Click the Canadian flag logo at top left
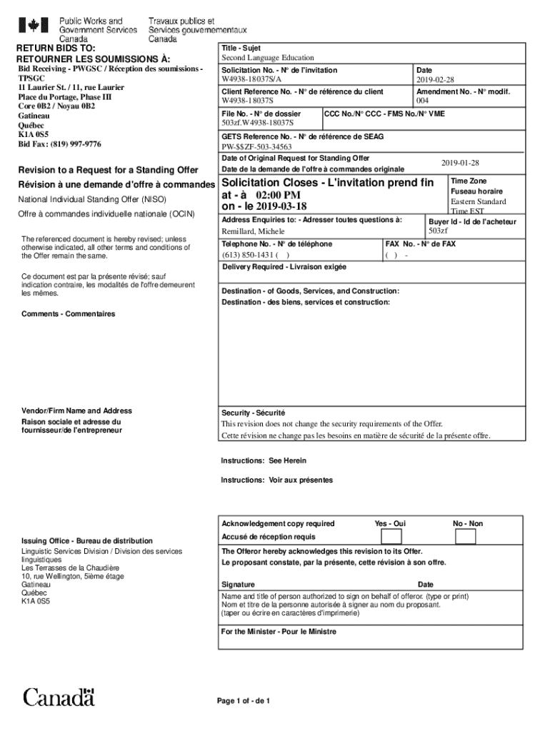[x=33, y=26]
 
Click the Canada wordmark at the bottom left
[x=59, y=697]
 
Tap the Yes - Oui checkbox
[x=391, y=536]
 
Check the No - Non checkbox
[x=468, y=536]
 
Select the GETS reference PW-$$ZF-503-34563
[x=256, y=147]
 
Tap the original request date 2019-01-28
[x=459, y=163]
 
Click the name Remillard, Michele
[x=253, y=232]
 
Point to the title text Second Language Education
[x=267, y=58]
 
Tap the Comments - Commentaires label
[x=68, y=314]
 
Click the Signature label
[x=238, y=585]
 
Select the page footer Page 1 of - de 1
[x=243, y=700]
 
